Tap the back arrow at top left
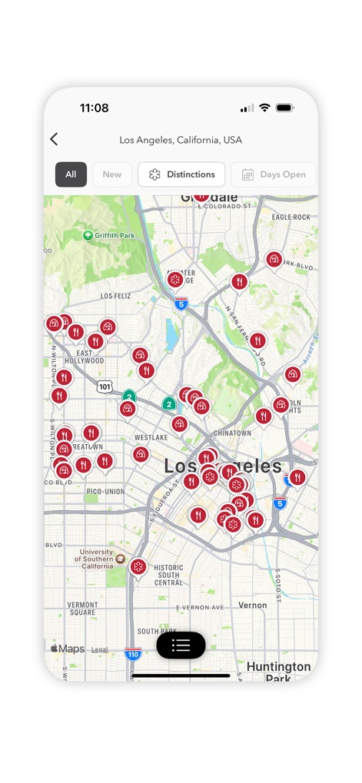click(x=54, y=139)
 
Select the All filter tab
click(x=71, y=174)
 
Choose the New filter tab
click(x=112, y=174)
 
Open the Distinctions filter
click(x=181, y=174)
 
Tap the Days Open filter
click(x=274, y=174)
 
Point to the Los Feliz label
click(x=116, y=295)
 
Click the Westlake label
click(x=151, y=437)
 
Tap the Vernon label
click(x=253, y=605)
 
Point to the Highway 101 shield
click(x=105, y=387)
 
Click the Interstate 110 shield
click(x=133, y=654)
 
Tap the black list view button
click(x=181, y=645)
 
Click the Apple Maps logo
click(x=68, y=649)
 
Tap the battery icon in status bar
click(x=285, y=108)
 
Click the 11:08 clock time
click(x=94, y=108)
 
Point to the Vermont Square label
click(x=82, y=609)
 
